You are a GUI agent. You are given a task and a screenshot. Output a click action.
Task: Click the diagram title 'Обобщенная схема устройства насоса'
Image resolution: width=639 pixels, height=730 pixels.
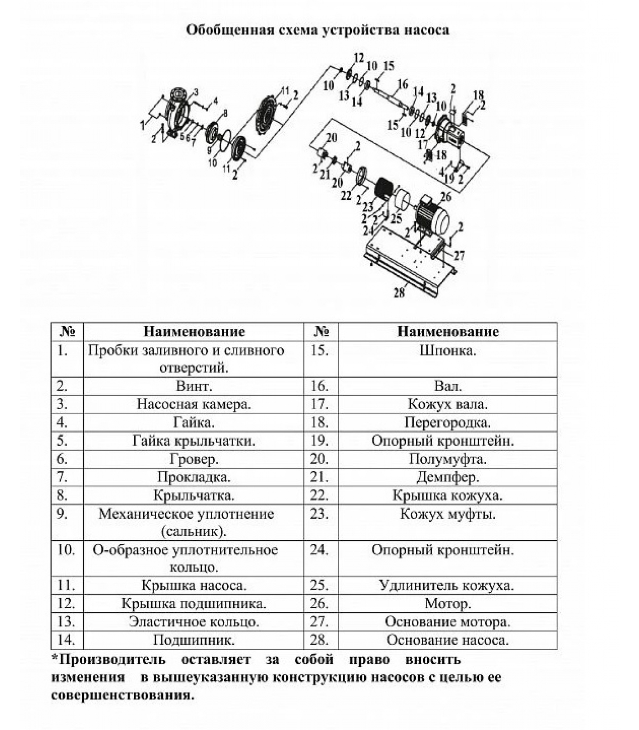(x=318, y=31)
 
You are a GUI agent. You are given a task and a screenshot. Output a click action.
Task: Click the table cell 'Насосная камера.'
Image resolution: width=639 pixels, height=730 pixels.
(x=194, y=405)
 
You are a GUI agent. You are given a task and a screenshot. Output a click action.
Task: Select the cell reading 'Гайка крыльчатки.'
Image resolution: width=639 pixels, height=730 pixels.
(x=194, y=441)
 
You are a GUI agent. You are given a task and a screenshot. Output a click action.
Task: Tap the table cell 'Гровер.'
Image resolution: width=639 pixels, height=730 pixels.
(x=194, y=459)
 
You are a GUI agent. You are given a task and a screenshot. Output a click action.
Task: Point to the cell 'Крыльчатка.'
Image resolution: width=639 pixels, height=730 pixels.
(x=194, y=495)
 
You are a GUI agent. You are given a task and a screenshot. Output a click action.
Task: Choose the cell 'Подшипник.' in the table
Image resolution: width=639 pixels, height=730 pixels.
(x=194, y=640)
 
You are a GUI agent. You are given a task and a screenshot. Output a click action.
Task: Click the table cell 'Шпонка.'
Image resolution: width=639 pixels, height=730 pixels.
(x=447, y=351)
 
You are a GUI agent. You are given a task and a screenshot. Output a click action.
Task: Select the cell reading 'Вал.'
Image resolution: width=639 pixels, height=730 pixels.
(x=447, y=386)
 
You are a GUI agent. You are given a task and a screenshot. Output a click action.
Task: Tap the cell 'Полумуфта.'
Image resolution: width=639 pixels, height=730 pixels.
(x=447, y=459)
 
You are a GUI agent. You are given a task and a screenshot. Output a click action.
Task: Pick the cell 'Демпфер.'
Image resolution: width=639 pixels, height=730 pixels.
(x=447, y=477)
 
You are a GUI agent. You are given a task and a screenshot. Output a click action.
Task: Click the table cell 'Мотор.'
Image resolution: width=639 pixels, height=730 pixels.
(x=447, y=604)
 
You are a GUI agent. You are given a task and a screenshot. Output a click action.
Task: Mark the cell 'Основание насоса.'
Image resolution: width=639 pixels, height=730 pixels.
(x=447, y=640)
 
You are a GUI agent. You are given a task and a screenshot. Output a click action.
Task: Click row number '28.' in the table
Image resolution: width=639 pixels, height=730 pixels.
(x=319, y=640)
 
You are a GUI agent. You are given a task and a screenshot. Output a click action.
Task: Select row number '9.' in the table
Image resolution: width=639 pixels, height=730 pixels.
(x=63, y=514)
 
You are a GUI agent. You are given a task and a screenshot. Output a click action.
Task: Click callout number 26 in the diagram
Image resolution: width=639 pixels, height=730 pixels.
(x=445, y=197)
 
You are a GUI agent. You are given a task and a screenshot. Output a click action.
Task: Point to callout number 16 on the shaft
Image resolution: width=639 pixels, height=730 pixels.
(x=402, y=84)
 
